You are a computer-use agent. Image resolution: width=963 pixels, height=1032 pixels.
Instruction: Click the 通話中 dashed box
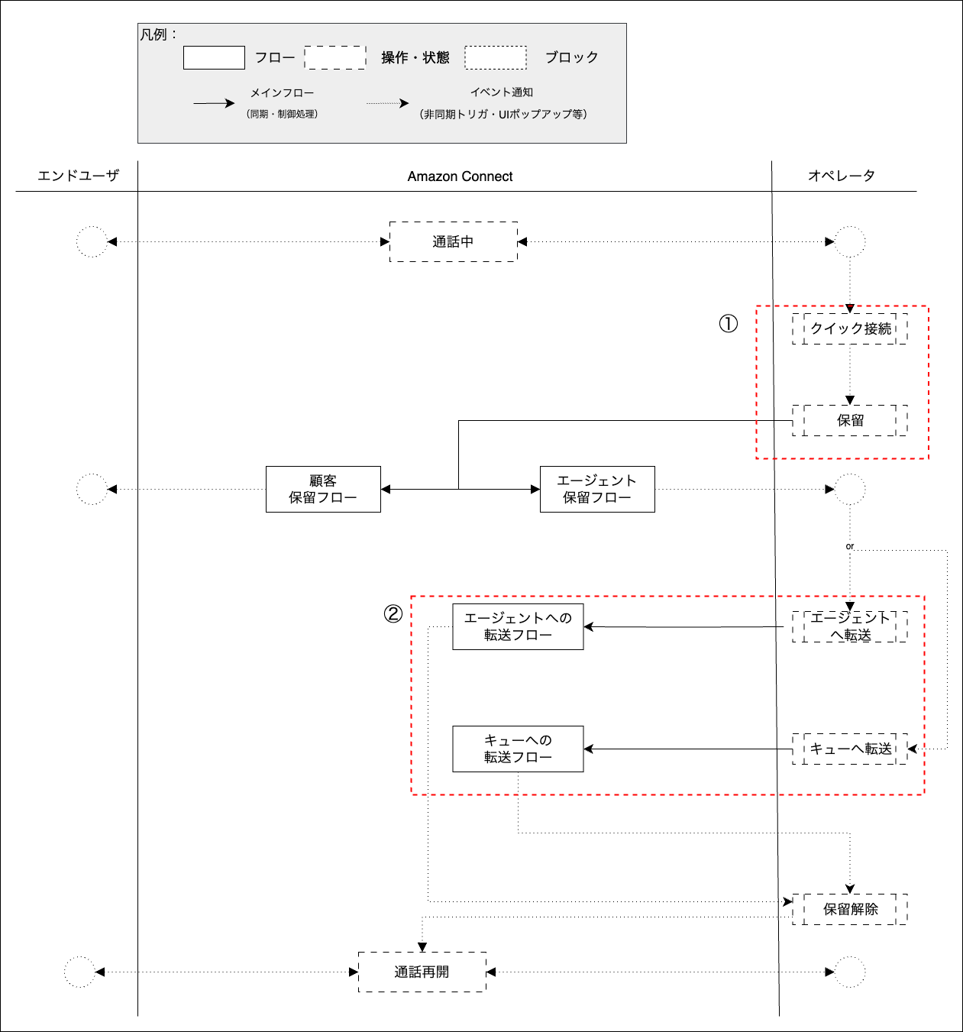point(453,242)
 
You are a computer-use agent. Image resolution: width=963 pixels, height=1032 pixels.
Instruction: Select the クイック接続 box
point(850,329)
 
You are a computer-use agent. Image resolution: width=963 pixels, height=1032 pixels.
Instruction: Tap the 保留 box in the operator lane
point(850,421)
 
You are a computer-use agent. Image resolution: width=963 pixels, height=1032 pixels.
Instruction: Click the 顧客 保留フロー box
point(323,490)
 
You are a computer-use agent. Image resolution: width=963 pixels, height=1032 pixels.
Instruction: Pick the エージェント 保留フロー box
point(597,490)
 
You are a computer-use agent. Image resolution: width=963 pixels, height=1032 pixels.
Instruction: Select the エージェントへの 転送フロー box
point(518,627)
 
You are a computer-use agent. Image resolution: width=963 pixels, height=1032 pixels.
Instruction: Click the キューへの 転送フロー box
point(518,749)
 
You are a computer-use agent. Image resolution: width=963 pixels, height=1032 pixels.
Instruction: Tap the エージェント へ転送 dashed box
point(850,627)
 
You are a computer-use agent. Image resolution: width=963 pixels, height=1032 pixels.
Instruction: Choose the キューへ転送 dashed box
point(850,749)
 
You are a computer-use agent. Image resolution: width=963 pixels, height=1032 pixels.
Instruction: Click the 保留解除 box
point(850,910)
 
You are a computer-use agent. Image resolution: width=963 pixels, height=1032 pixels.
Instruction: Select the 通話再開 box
point(422,972)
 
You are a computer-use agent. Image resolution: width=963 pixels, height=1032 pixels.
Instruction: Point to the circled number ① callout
point(729,324)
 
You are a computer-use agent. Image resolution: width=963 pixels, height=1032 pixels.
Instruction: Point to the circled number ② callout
point(393,614)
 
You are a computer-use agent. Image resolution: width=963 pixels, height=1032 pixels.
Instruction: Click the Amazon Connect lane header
point(460,176)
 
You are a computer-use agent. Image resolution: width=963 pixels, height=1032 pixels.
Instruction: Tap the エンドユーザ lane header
point(78,176)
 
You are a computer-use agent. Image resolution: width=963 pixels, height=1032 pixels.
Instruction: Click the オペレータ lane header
point(842,176)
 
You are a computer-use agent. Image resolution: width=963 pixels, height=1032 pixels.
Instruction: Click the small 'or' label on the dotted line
point(849,546)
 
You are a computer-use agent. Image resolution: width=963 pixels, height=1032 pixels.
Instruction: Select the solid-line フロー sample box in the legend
point(214,58)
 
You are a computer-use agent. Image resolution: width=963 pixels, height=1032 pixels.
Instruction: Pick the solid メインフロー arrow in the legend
point(213,104)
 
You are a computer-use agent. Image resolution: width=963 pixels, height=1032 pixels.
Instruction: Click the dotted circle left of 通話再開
point(79,972)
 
